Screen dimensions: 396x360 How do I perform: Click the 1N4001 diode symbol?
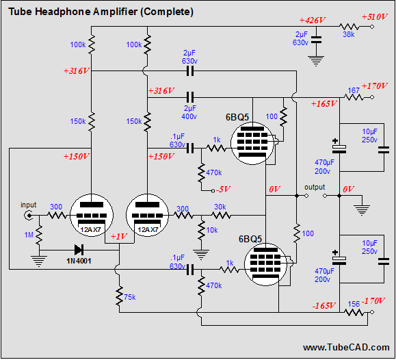[79, 250]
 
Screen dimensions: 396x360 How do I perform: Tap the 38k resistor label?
[349, 35]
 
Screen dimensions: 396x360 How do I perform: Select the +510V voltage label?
[374, 17]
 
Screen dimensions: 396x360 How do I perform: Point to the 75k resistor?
[119, 296]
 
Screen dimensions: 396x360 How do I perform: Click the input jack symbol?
[29, 216]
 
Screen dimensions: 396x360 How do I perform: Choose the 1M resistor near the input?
[39, 235]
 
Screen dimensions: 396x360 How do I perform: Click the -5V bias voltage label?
[223, 189]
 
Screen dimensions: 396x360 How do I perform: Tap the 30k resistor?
[221, 216]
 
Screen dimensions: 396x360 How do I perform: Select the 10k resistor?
[201, 230]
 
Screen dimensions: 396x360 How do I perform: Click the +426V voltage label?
[312, 21]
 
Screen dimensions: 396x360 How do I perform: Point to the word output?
[315, 188]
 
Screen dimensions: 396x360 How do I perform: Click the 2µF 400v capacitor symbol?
[190, 97]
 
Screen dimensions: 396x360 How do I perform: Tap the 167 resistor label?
[354, 90]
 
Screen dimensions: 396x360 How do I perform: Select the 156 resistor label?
[354, 304]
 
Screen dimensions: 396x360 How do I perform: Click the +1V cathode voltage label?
[119, 236]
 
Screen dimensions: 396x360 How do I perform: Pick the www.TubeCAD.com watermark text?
[346, 348]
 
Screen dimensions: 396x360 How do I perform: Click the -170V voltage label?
[373, 301]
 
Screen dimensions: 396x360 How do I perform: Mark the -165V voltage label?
[324, 306]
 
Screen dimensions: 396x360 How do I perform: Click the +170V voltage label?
[374, 86]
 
